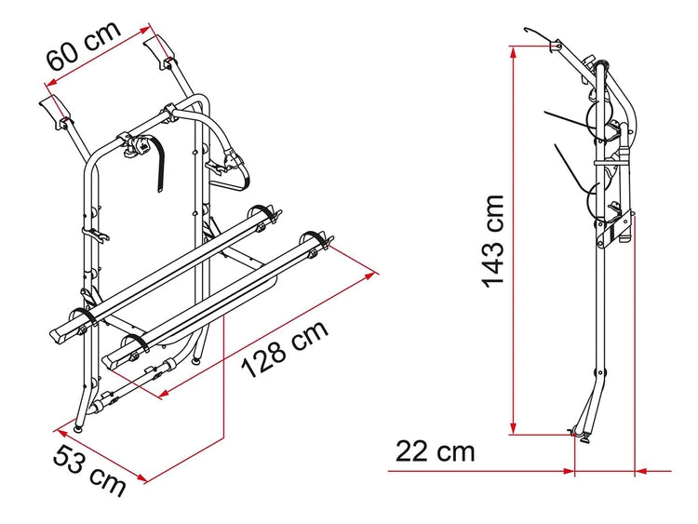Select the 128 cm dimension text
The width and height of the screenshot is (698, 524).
[x=285, y=349]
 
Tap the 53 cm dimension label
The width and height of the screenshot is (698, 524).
[x=89, y=471]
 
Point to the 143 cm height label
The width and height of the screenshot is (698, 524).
[x=492, y=241]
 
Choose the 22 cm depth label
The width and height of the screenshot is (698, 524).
[x=435, y=451]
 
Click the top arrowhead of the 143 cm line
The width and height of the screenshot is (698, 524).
[x=513, y=52]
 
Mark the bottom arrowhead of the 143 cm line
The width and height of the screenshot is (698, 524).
[x=513, y=427]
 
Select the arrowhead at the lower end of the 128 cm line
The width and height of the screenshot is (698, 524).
[x=166, y=393]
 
